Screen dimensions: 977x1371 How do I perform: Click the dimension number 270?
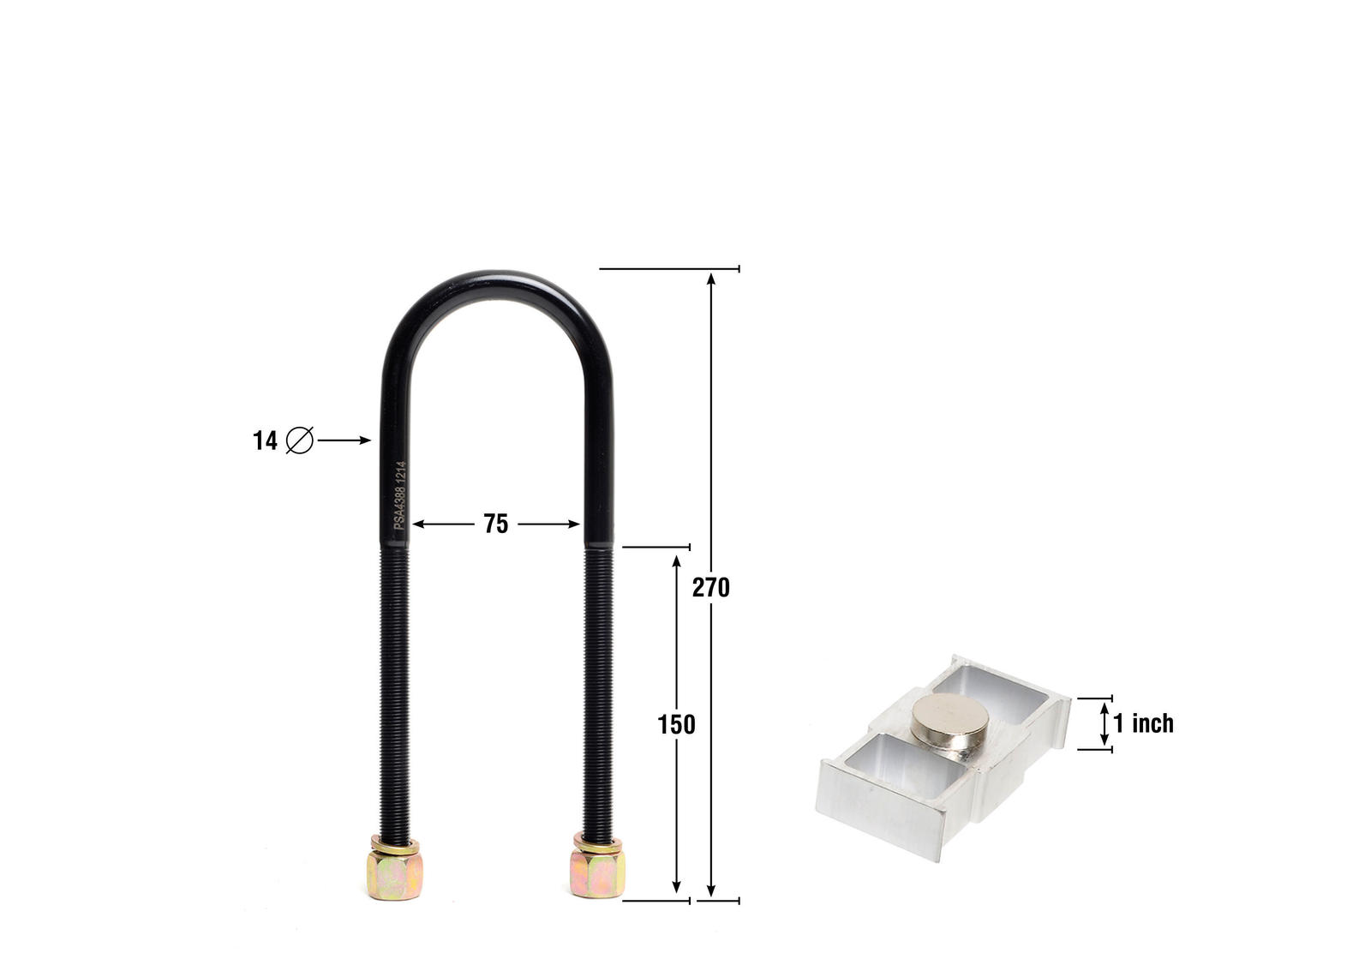pyautogui.click(x=710, y=588)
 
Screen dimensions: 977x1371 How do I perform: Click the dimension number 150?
pyautogui.click(x=676, y=725)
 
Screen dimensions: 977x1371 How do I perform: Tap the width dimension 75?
pyautogui.click(x=495, y=524)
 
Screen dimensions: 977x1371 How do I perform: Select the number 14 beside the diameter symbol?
pyautogui.click(x=265, y=441)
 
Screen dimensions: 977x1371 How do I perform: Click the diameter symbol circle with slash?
pyautogui.click(x=300, y=441)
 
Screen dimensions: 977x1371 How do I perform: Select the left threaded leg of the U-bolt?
pyautogui.click(x=394, y=686)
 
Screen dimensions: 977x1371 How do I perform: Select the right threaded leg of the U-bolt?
pyautogui.click(x=598, y=686)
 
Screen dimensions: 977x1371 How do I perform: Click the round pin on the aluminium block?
pyautogui.click(x=949, y=718)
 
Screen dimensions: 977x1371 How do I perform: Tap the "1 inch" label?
pyautogui.click(x=1143, y=723)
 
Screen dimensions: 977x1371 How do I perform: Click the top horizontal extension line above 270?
pyautogui.click(x=668, y=269)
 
